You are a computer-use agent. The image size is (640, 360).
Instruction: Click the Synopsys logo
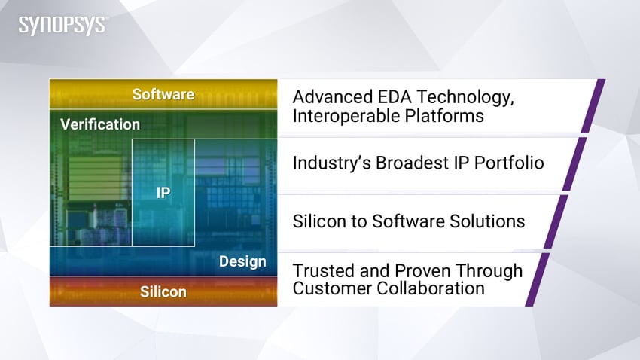click(62, 26)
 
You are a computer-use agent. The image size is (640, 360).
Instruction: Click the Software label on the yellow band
click(163, 95)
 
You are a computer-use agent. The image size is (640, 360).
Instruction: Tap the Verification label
click(100, 124)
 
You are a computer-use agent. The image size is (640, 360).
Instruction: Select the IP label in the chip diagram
click(163, 193)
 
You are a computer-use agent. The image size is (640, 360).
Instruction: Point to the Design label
click(242, 261)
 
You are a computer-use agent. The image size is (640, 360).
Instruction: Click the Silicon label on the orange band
click(163, 291)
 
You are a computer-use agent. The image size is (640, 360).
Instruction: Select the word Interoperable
click(346, 116)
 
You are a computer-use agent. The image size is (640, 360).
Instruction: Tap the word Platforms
click(444, 116)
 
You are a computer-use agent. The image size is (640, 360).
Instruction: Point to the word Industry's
click(332, 163)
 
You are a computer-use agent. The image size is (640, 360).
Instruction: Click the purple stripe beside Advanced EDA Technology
click(593, 105)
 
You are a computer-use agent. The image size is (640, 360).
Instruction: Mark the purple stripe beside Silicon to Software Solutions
click(556, 221)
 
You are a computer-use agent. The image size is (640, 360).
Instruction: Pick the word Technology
click(466, 98)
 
